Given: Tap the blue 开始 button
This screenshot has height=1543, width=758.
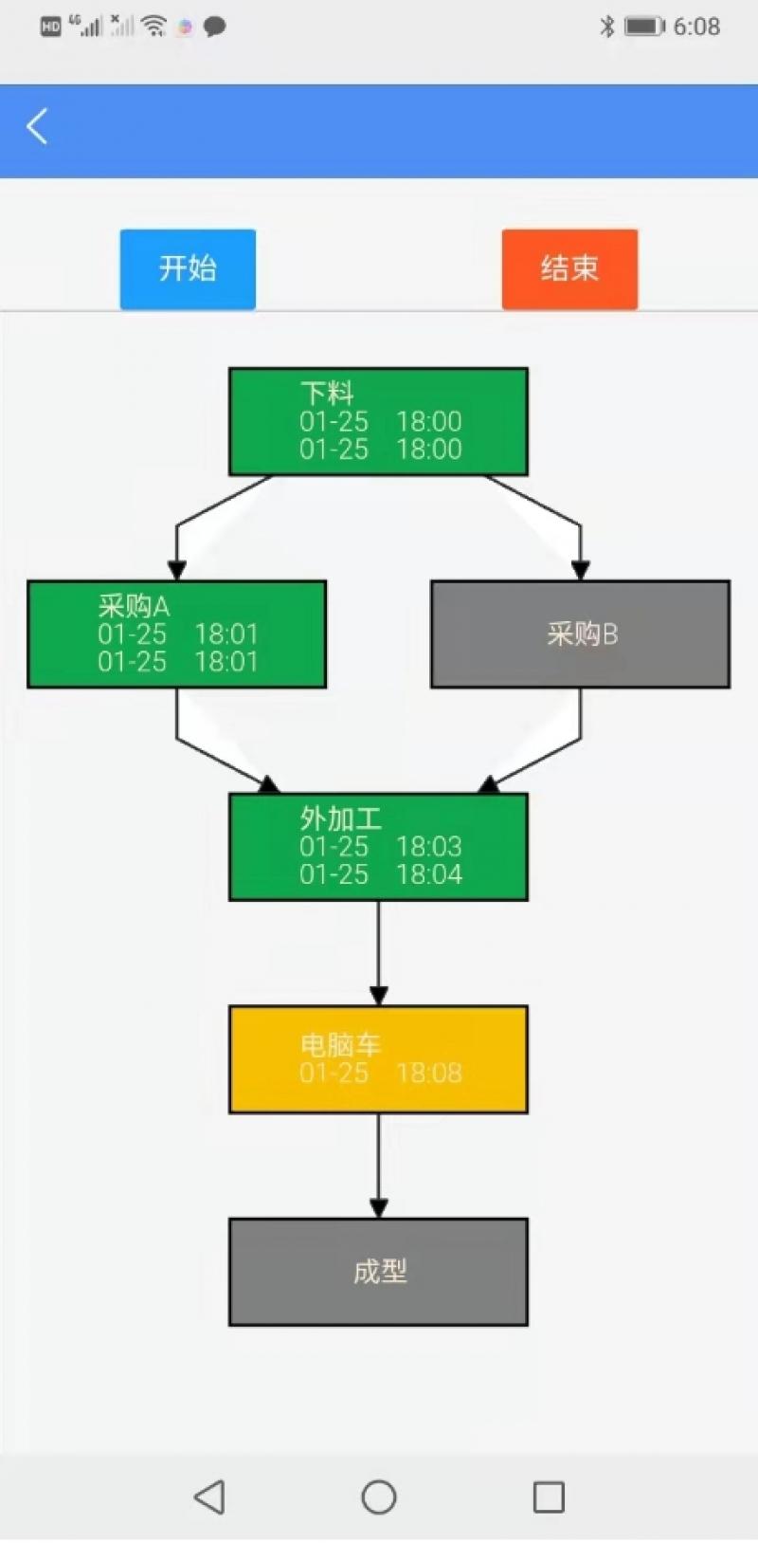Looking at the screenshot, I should point(188,268).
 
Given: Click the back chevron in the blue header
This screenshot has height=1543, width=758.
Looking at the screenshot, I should point(37,126).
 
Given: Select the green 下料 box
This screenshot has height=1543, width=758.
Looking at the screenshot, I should point(378,421).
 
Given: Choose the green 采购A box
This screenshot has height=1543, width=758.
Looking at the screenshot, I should point(176,634).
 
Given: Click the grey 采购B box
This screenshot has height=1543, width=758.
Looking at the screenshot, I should point(580,634).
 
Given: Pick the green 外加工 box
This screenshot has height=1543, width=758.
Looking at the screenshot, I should point(378,846).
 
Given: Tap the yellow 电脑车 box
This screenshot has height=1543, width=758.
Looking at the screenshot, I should point(378,1058).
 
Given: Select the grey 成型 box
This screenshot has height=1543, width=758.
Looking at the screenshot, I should point(378,1271).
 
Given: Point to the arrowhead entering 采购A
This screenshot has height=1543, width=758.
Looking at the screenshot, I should point(176,570).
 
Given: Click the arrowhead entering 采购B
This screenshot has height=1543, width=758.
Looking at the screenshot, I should point(580,570).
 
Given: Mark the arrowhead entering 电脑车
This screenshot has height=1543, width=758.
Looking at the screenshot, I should point(378,996).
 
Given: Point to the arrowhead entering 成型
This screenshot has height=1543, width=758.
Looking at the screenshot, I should point(378,1208).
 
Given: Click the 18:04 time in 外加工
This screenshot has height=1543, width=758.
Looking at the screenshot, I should point(429,874).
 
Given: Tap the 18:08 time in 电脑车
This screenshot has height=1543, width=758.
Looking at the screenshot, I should point(429,1074).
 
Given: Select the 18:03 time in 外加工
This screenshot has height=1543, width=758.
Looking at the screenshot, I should point(429,847).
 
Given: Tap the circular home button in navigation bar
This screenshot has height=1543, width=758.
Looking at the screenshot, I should point(378,1497).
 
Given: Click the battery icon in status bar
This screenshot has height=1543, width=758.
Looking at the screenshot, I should point(644,27).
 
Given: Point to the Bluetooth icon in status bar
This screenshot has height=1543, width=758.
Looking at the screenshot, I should point(606,27).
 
